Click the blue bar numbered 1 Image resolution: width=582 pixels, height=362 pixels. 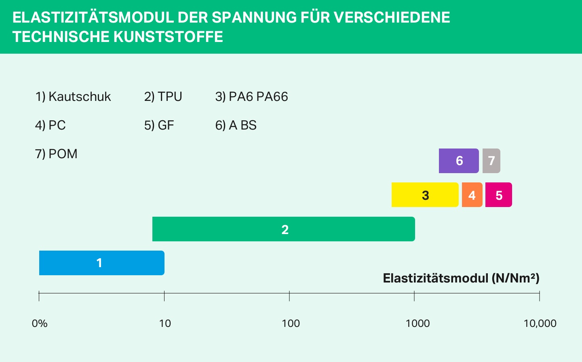pyautogui.click(x=101, y=263)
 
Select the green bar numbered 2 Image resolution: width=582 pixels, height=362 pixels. pyautogui.click(x=283, y=229)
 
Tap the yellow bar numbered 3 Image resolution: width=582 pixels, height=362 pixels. pyautogui.click(x=425, y=195)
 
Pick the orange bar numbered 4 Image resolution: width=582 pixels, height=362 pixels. pyautogui.click(x=472, y=195)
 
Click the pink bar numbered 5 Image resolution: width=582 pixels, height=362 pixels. pyautogui.click(x=499, y=195)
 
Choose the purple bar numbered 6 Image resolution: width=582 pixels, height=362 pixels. pyautogui.click(x=459, y=161)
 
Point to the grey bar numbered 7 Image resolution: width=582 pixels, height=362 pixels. pyautogui.click(x=491, y=161)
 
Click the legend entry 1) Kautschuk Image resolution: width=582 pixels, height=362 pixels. pyautogui.click(x=73, y=97)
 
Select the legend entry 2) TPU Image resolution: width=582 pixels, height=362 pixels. pyautogui.click(x=163, y=97)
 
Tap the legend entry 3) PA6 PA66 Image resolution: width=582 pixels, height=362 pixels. pyautogui.click(x=251, y=97)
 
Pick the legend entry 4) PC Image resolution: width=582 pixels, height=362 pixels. pyautogui.click(x=50, y=126)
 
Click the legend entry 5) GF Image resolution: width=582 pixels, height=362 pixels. pyautogui.click(x=159, y=126)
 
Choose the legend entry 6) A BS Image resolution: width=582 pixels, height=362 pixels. pyautogui.click(x=236, y=126)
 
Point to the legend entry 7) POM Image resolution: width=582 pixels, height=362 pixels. pyautogui.click(x=56, y=154)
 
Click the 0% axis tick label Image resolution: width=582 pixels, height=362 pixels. pyautogui.click(x=40, y=324)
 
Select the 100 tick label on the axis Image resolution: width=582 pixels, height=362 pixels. pyautogui.click(x=291, y=324)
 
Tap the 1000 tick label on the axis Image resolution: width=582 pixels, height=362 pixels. pyautogui.click(x=418, y=324)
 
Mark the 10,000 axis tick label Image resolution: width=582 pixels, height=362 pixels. pyautogui.click(x=540, y=324)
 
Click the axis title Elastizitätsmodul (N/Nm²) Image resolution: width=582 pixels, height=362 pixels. pyautogui.click(x=461, y=278)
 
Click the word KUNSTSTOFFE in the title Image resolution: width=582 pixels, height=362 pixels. pyautogui.click(x=168, y=37)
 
